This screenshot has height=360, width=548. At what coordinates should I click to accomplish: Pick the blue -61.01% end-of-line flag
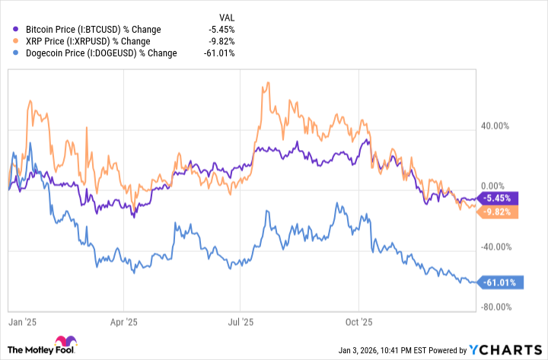pos(499,282)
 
